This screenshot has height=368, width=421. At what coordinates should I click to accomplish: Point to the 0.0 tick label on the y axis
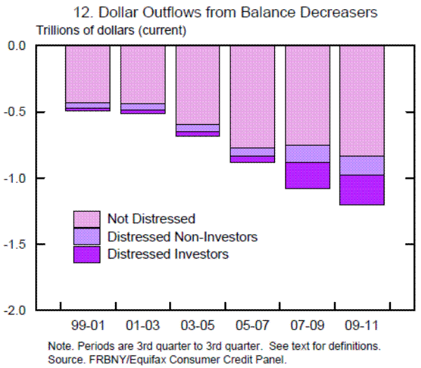click(16, 46)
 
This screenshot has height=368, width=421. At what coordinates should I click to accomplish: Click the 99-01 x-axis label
click(87, 327)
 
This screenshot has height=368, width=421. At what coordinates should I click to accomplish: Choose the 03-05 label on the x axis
click(197, 327)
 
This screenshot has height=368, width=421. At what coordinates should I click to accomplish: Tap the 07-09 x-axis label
click(307, 327)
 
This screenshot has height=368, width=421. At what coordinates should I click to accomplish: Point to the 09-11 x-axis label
click(361, 327)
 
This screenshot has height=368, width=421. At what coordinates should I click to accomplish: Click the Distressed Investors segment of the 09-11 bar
click(362, 190)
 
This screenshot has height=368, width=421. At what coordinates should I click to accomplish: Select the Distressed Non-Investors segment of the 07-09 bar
click(307, 154)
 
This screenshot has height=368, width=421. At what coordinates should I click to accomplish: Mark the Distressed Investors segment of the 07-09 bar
click(307, 175)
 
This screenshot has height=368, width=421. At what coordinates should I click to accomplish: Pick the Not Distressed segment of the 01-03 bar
click(142, 74)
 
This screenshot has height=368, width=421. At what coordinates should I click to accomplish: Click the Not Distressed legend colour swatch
click(87, 218)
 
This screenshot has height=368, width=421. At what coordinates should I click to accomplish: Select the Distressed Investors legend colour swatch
click(87, 254)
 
